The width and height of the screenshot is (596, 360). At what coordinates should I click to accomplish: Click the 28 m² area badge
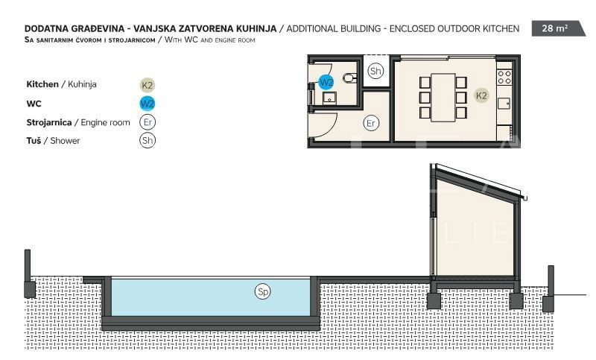coord(557,28)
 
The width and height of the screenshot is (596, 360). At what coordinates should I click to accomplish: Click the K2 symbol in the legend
coord(147,85)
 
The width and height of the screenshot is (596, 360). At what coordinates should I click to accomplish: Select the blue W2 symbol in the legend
coord(147,104)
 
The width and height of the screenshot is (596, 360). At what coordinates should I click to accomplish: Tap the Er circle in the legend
coord(147,122)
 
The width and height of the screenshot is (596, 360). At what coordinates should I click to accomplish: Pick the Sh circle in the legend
coord(147,141)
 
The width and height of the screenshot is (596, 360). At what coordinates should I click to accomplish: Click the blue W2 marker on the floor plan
coord(326,82)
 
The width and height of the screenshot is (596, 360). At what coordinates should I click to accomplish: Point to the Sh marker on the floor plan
coord(375,71)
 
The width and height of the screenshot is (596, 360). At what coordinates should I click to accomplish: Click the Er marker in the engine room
coord(371,123)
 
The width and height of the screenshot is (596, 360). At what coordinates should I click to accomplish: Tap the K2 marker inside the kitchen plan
coord(481,95)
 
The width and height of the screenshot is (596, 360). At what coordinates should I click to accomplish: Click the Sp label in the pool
coord(263,291)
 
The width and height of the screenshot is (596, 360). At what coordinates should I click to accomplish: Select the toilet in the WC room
coord(349,78)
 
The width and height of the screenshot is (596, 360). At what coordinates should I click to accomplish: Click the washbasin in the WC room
coord(329,98)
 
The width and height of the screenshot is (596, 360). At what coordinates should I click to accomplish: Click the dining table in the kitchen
coord(443,98)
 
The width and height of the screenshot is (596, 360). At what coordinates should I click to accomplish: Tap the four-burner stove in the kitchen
coord(504,78)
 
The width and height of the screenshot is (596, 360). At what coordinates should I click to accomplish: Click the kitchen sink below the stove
coord(504,104)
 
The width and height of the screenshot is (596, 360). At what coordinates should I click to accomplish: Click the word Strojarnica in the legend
coord(49,122)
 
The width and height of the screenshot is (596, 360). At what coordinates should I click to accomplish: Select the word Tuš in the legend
coord(34,141)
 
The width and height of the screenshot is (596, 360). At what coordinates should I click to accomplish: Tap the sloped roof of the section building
coord(479,182)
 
